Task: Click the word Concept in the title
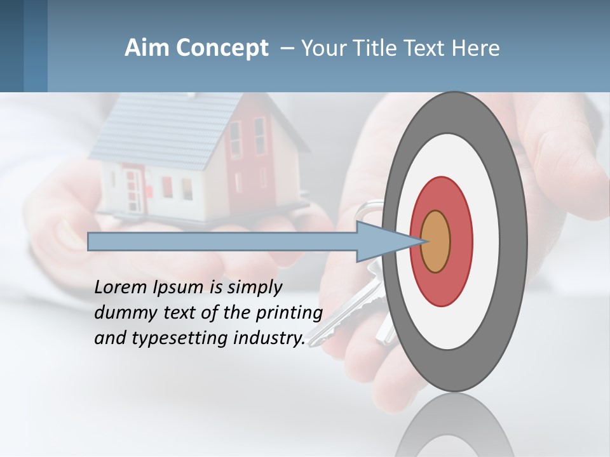coord(222,48)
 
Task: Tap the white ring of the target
coord(489,241)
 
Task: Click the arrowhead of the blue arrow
coord(381,241)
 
